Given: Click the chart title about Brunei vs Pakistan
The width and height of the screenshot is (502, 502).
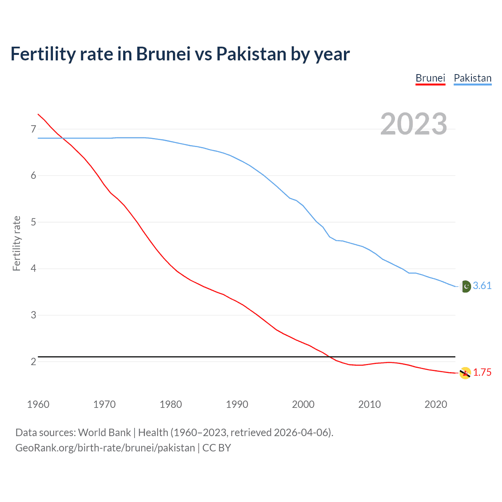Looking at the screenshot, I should click(180, 54).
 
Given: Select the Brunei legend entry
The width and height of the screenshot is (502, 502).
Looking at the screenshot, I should click(430, 78).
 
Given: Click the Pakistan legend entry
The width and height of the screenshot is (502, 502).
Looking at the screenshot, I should click(473, 78).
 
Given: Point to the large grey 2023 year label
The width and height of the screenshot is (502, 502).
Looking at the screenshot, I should click(413, 124).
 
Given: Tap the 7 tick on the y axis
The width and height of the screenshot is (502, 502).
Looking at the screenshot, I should click(33, 129).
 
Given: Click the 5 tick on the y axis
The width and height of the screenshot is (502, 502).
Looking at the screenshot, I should click(33, 222).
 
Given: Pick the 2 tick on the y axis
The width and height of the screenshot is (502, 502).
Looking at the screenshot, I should click(33, 362).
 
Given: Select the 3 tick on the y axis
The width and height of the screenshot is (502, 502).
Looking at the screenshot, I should click(33, 315).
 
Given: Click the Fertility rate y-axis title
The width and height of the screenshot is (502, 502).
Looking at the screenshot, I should click(16, 243).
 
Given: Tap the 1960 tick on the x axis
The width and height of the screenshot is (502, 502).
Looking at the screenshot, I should click(38, 404).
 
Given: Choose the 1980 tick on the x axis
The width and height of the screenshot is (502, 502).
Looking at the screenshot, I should click(171, 404).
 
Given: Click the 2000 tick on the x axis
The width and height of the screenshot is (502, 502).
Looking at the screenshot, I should click(303, 404).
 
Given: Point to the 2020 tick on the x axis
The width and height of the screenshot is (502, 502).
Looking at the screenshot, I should click(436, 404).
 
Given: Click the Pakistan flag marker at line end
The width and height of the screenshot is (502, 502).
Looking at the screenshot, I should click(465, 287).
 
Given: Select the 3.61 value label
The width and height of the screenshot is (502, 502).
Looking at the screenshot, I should click(482, 286).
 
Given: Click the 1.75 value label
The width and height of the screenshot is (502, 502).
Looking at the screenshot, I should click(482, 373).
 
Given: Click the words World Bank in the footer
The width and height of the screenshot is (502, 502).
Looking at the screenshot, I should click(104, 433).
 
